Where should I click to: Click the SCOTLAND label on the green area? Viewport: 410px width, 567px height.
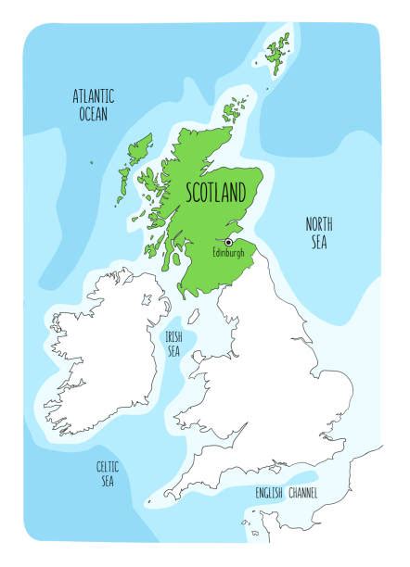[216, 193]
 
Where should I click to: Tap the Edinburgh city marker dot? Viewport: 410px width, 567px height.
[228, 242]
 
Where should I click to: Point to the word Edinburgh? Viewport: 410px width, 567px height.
[228, 253]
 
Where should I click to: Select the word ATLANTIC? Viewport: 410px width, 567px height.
[94, 95]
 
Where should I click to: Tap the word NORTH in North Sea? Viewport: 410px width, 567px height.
[319, 224]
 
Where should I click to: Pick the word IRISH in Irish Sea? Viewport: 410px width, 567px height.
[173, 337]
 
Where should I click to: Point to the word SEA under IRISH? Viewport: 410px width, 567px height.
[174, 352]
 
